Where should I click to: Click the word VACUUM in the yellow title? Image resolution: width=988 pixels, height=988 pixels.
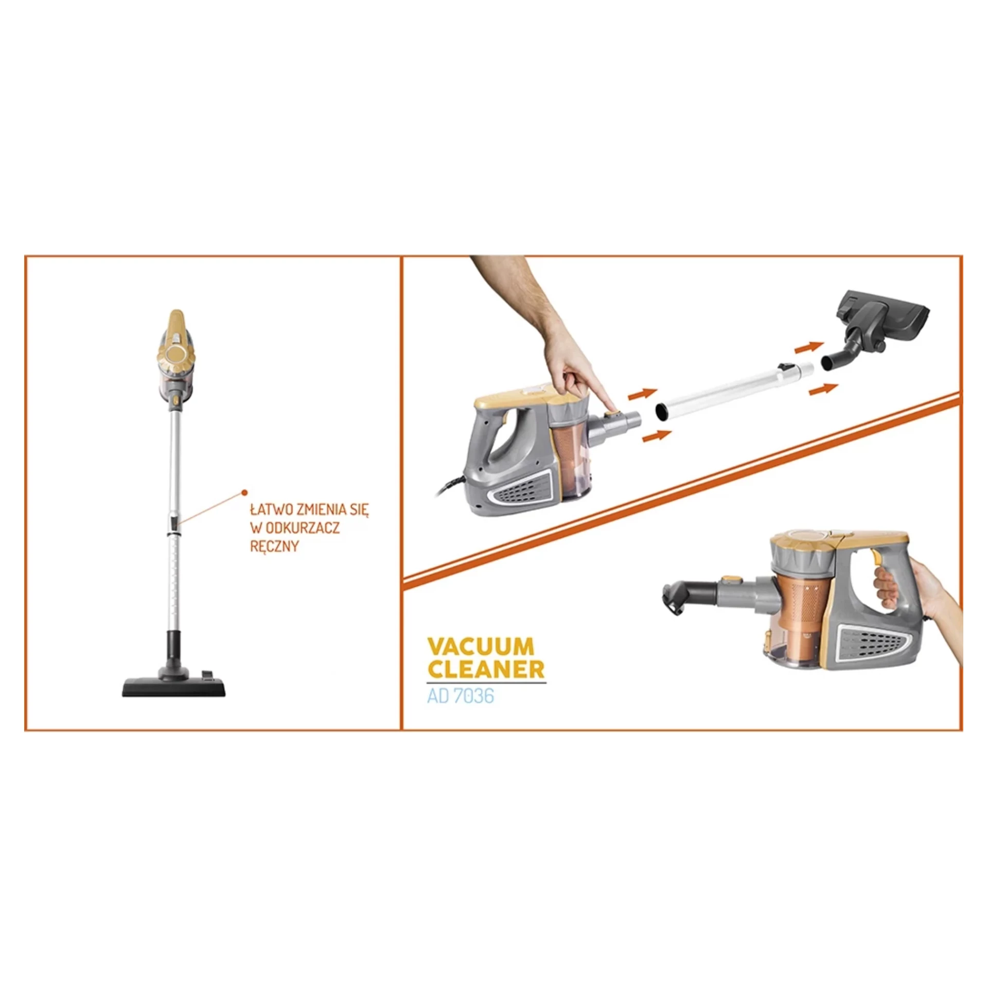pos(473,646)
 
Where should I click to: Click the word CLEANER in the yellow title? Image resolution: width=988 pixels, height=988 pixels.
pos(486,669)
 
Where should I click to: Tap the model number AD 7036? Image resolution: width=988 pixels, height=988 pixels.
pos(460,696)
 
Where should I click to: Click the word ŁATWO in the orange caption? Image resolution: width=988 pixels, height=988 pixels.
pos(270,509)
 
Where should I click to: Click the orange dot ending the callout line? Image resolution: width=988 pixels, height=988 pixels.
pos(245,492)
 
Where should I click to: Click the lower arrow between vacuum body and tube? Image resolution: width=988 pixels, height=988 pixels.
pos(657,435)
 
